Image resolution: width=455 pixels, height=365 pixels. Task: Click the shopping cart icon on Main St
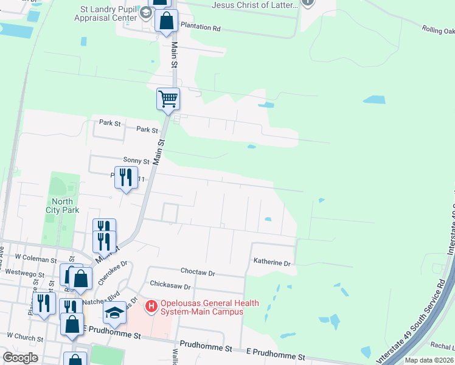click(x=168, y=99)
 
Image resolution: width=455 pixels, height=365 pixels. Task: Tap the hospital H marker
click(x=151, y=304)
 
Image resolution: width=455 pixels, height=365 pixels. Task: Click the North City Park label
click(x=63, y=206)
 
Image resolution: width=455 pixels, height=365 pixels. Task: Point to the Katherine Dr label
click(x=272, y=263)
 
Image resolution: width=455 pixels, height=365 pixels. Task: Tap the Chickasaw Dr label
click(x=170, y=286)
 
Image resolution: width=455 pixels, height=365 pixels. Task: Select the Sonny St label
click(x=136, y=161)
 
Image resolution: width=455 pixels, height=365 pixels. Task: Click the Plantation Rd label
click(x=199, y=28)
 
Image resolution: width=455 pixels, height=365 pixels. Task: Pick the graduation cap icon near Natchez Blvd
click(x=114, y=313)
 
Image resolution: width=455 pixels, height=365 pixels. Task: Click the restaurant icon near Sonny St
click(x=125, y=178)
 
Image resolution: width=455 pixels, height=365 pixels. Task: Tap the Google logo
click(x=20, y=358)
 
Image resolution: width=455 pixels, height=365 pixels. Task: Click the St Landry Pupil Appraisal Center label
click(x=108, y=14)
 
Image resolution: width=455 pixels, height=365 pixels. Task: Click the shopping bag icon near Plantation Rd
click(x=166, y=21)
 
